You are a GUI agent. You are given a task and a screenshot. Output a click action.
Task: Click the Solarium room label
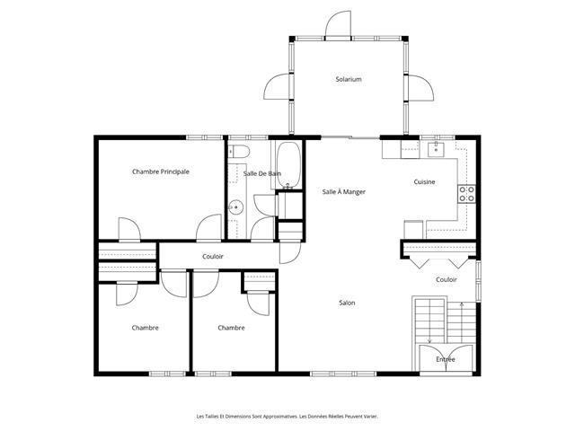tap(349, 79)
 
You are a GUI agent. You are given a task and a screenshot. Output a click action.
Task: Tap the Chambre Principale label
tap(161, 172)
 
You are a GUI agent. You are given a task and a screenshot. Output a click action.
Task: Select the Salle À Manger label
tap(343, 191)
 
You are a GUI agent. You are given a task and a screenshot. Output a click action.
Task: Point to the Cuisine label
tap(424, 181)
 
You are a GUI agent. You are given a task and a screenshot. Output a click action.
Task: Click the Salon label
tap(347, 303)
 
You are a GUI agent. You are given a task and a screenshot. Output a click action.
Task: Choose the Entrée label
tap(446, 359)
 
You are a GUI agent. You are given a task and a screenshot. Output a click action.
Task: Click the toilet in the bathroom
tap(239, 151)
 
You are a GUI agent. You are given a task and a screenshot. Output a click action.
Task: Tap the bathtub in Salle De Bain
tap(288, 165)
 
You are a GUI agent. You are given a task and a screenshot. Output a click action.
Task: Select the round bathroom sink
tap(235, 207)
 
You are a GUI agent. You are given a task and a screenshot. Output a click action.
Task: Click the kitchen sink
tap(436, 150)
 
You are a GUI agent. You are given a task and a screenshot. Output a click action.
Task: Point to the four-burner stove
tap(466, 194)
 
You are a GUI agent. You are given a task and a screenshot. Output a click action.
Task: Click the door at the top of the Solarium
tap(338, 25)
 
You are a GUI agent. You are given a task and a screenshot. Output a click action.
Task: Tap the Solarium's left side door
tap(278, 86)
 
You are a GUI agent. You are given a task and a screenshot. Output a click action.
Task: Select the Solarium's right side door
tap(420, 88)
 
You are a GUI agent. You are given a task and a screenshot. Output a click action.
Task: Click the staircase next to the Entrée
tap(446, 321)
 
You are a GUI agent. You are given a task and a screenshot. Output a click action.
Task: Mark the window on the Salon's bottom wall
tap(343, 374)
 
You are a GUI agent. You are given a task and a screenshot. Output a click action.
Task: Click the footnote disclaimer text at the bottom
tap(287, 417)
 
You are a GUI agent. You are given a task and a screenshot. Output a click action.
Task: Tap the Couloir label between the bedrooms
tap(213, 257)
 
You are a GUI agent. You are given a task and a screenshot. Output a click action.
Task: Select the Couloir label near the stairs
tap(447, 279)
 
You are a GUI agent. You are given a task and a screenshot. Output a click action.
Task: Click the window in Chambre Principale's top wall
tap(205, 137)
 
